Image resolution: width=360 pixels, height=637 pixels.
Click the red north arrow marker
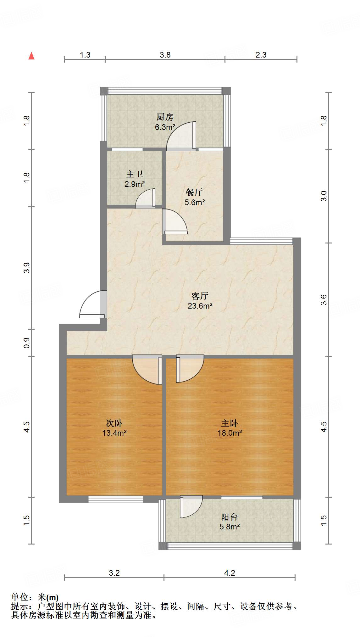pyautogui.click(x=31, y=56)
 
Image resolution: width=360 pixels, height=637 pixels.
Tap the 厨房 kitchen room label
pyautogui.click(x=165, y=117)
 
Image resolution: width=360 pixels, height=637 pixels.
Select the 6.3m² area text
pyautogui.click(x=165, y=127)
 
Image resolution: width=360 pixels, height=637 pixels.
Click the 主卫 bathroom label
pyautogui.click(x=135, y=174)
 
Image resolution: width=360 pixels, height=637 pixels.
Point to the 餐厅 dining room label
pyautogui.click(x=194, y=192)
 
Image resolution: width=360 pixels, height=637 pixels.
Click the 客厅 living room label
pyautogui.click(x=200, y=296)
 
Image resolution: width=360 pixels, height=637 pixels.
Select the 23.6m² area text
pyautogui.click(x=200, y=306)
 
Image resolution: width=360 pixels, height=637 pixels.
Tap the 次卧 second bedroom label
pyautogui.click(x=114, y=423)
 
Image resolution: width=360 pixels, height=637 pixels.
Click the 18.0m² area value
pyautogui.click(x=230, y=433)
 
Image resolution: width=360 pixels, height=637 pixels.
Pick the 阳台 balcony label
pyautogui.click(x=230, y=517)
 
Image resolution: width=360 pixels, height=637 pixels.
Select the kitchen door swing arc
pyautogui.click(x=181, y=135)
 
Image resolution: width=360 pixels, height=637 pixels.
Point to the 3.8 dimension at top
pyautogui.click(x=165, y=55)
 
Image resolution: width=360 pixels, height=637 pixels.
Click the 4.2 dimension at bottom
pyautogui.click(x=230, y=573)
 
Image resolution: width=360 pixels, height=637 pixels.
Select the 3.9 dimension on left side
pyautogui.click(x=27, y=267)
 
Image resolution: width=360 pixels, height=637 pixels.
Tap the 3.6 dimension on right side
pyautogui.click(x=324, y=299)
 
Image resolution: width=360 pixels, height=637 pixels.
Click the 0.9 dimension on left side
pyautogui.click(x=27, y=343)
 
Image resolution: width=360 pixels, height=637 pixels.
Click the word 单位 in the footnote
pyautogui.click(x=20, y=597)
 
